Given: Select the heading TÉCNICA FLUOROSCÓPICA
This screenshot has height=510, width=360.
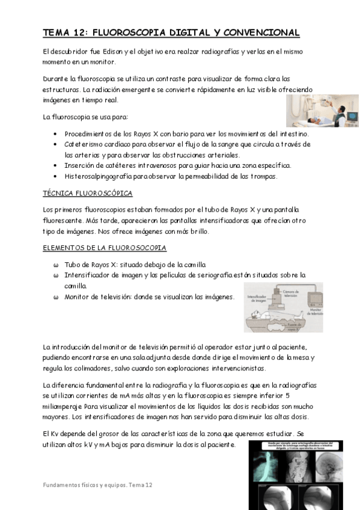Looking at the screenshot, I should tap(88, 193).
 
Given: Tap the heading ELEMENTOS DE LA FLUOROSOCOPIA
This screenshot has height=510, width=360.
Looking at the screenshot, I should tap(96, 248).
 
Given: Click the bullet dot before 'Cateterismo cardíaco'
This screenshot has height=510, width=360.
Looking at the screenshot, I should tap(55, 144).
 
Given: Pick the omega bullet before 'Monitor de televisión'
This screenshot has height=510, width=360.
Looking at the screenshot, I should tap(55, 296).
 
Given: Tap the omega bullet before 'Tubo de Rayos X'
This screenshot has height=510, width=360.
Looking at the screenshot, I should tap(55, 264).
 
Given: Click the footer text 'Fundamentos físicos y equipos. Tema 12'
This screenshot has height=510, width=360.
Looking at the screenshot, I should tap(98, 484).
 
